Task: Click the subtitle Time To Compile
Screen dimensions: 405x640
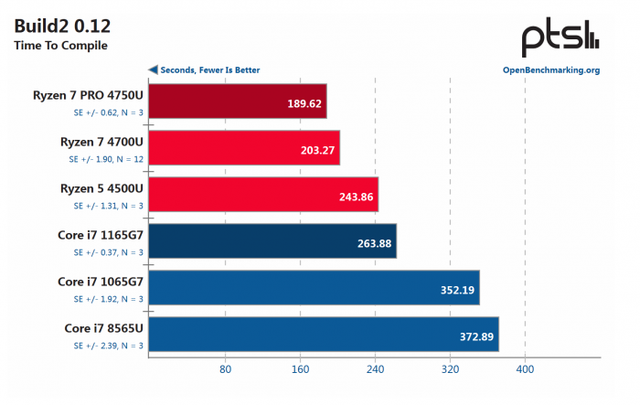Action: pyautogui.click(x=60, y=46)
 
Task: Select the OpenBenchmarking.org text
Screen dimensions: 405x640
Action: pyautogui.click(x=550, y=69)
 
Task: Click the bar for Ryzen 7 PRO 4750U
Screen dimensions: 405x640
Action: pyautogui.click(x=237, y=101)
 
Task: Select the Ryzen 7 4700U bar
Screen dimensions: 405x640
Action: pyautogui.click(x=243, y=148)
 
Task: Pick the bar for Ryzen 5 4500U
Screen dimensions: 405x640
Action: pyautogui.click(x=262, y=195)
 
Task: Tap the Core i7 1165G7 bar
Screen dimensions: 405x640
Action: pyautogui.click(x=272, y=241)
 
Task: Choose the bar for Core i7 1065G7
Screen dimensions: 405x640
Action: pyautogui.click(x=313, y=288)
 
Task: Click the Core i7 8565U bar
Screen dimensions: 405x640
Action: pyautogui.click(x=323, y=335)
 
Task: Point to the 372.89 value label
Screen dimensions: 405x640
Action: pyautogui.click(x=475, y=337)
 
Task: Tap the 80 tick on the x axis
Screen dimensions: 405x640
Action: pyautogui.click(x=224, y=369)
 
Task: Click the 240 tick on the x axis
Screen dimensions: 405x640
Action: pyautogui.click(x=374, y=369)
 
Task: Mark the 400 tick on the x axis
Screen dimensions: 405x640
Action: pyautogui.click(x=524, y=369)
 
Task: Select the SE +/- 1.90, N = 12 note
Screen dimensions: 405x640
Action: pyautogui.click(x=106, y=158)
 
